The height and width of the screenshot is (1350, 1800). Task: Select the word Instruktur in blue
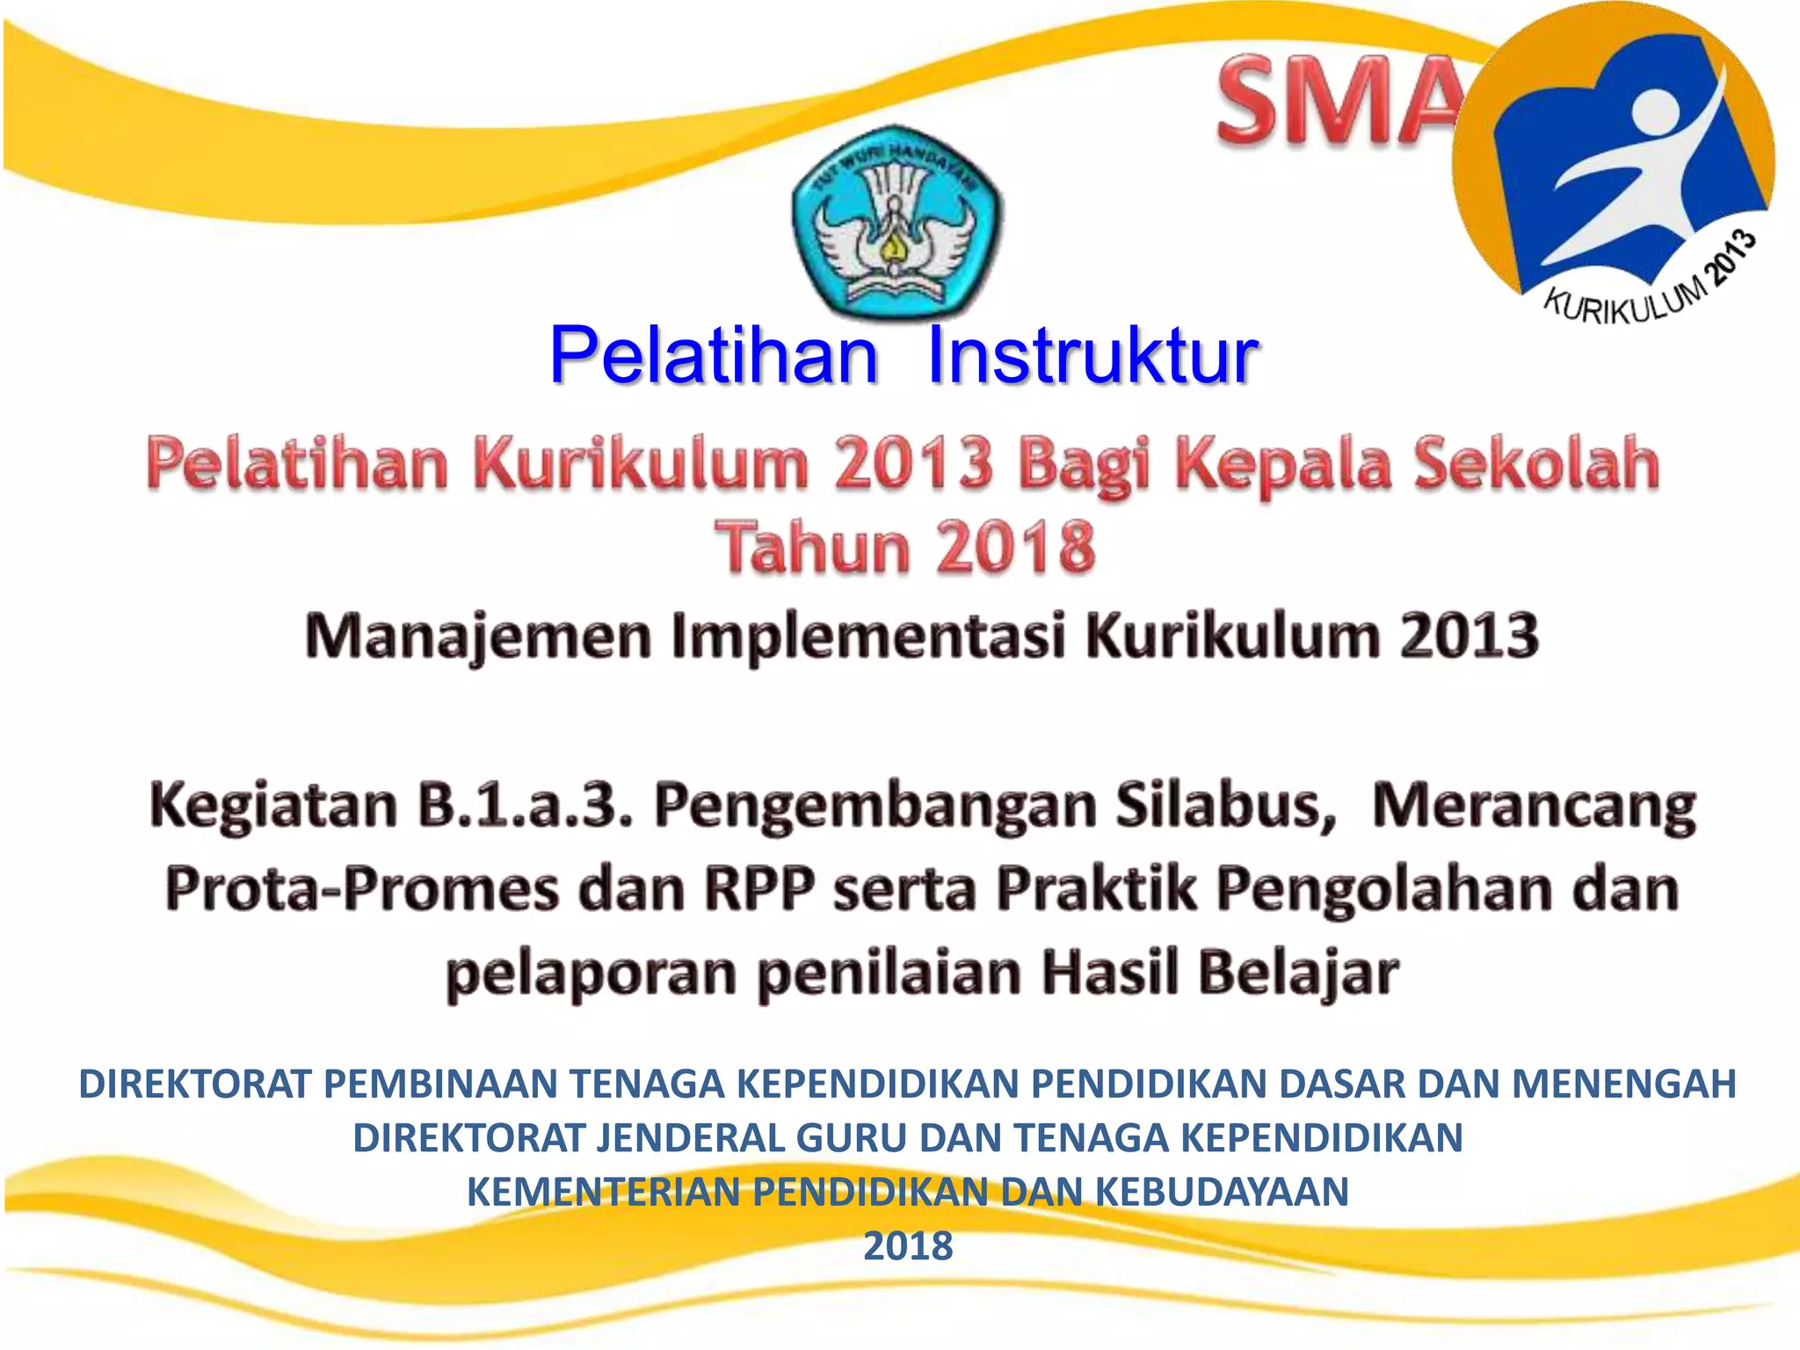1092,356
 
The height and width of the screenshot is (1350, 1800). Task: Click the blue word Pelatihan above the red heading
714,356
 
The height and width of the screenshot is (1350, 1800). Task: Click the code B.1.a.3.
525,805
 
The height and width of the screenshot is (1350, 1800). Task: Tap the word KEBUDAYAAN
1222,1193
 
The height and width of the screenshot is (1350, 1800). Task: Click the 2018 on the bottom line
908,1246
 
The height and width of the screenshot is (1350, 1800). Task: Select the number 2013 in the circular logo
1730,255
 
